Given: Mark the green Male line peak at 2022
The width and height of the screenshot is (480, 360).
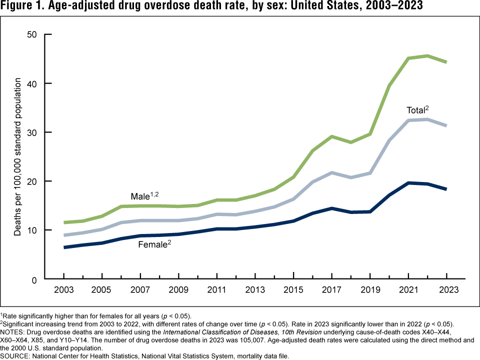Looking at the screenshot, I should pos(427,55).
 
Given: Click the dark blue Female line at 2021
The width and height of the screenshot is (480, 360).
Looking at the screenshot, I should pos(408,183).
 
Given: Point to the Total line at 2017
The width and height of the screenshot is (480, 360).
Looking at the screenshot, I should pos(332,172).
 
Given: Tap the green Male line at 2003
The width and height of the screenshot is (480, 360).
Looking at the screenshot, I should pos(64,222).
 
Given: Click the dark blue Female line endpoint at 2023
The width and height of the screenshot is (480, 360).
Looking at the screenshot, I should pos(446,189).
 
